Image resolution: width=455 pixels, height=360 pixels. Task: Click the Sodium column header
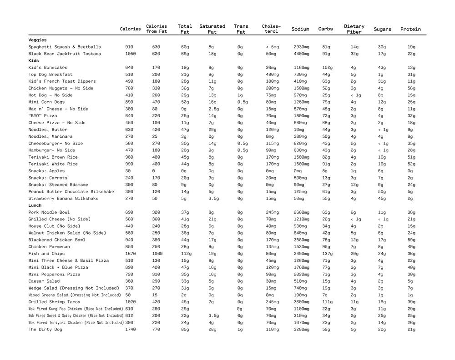300,29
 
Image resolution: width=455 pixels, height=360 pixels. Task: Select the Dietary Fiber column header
354,29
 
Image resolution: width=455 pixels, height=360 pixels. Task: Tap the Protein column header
410,29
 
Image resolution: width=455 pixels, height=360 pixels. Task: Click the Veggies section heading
37,40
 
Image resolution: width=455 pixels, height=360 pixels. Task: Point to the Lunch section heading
35,205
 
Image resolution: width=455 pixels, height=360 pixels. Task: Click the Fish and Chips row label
46,254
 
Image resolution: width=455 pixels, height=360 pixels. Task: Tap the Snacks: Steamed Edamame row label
58,185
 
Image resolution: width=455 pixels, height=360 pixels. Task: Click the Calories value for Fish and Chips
131,254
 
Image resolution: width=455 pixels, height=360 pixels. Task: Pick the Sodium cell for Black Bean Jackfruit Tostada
302,54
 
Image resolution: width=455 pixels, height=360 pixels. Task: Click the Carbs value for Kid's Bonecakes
327,68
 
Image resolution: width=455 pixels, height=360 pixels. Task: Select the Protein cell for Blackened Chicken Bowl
411,240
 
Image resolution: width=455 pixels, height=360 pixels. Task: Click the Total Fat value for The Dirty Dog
185,330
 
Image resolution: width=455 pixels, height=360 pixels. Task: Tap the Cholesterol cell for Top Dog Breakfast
271,75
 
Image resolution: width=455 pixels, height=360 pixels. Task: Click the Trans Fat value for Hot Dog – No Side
240,95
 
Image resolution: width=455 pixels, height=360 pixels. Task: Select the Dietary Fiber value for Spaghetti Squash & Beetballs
354,47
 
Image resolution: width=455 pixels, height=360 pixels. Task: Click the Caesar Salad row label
44,281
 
